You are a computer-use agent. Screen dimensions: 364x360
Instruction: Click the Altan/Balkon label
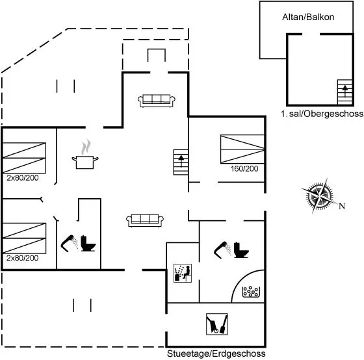pyautogui.click(x=308, y=17)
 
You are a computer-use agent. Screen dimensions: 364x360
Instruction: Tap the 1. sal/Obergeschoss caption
pyautogui.click(x=322, y=114)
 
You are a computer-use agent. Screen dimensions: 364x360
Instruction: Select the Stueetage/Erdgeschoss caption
pyautogui.click(x=216, y=354)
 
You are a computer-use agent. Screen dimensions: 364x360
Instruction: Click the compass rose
pyautogui.click(x=320, y=196)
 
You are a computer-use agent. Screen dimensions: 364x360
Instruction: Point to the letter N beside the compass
pyautogui.click(x=342, y=206)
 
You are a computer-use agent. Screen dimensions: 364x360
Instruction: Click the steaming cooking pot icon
pyautogui.click(x=85, y=154)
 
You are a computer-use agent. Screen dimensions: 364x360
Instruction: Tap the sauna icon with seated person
pyautogui.click(x=183, y=273)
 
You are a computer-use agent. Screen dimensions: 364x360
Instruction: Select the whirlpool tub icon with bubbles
pyautogui.click(x=251, y=292)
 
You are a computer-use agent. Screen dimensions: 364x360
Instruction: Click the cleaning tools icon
pyautogui.click(x=217, y=324)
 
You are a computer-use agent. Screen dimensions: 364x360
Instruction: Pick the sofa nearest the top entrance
pyautogui.click(x=157, y=101)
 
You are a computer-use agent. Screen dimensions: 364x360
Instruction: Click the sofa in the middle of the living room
pyautogui.click(x=145, y=220)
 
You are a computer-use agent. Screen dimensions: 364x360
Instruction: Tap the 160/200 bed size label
pyautogui.click(x=244, y=169)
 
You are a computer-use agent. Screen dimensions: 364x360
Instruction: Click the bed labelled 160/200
pyautogui.click(x=242, y=149)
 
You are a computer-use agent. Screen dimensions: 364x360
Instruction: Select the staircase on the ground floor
pyautogui.click(x=181, y=162)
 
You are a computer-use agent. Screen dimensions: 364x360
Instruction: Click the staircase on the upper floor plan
pyautogui.click(x=344, y=92)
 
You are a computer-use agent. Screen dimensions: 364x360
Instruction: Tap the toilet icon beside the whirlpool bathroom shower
pyautogui.click(x=241, y=250)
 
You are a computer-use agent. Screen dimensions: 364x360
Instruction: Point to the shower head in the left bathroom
pyautogui.click(x=70, y=243)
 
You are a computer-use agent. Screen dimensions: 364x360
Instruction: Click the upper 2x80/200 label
pyautogui.click(x=23, y=178)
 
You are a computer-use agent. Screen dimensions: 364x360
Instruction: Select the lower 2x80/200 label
pyautogui.click(x=23, y=258)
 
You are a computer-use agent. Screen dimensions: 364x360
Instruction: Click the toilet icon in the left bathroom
pyautogui.click(x=88, y=243)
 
